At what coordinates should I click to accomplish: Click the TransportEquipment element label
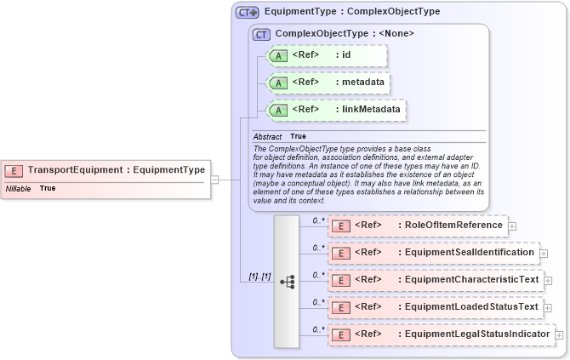coord(117,169)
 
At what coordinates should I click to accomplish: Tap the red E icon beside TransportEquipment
coord(14,170)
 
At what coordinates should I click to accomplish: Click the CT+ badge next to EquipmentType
coord(247,12)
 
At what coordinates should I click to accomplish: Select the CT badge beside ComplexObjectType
coord(261,34)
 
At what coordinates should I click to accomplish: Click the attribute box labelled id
coord(327,56)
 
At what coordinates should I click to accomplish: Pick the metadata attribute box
coord(328,83)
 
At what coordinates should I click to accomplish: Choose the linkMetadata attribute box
coord(335,111)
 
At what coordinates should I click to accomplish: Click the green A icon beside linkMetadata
coord(278,111)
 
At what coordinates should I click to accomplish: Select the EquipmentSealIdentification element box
coord(433,253)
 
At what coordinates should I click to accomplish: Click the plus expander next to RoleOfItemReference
coord(512,226)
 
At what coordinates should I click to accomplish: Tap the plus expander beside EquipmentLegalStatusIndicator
coord(559,335)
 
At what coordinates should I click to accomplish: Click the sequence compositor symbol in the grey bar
coord(287,279)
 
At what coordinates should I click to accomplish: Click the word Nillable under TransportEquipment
coord(19,188)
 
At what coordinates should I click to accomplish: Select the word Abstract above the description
coord(267,136)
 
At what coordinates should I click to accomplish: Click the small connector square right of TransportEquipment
coord(215,180)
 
